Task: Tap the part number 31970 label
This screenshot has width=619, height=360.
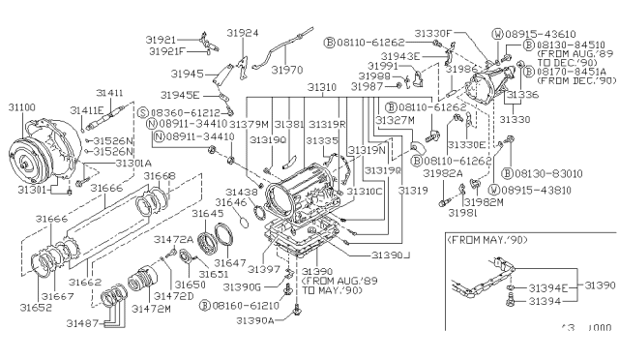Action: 287,70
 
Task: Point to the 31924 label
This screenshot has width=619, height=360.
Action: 243,32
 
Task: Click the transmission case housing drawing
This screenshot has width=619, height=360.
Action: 300,185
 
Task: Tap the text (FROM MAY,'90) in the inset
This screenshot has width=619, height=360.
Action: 489,236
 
